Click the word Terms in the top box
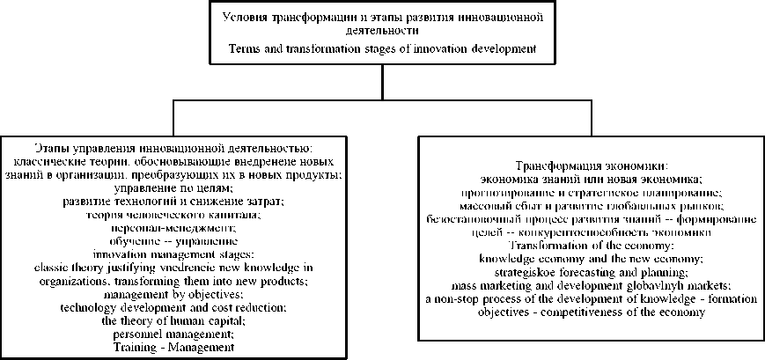244,48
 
